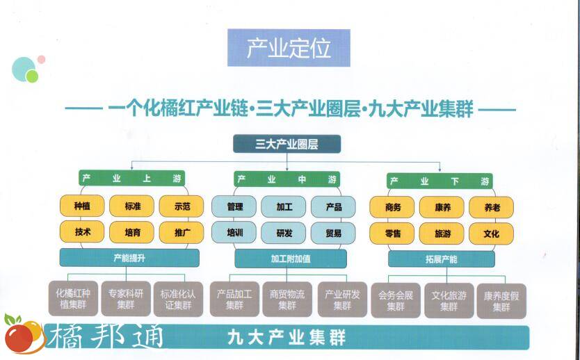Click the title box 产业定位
pos(289,48)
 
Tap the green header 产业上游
pos(131,179)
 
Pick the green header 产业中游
pos(287,179)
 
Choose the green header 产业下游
pos(440,181)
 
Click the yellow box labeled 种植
pos(82,206)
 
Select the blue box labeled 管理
pos(234,206)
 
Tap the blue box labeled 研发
pos(284,233)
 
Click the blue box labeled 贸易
pos(333,233)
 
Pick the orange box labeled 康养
pos(442,207)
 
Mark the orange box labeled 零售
pos(392,234)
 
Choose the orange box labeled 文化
pos(491,234)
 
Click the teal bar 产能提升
pos(129,258)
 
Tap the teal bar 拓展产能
pos(442,259)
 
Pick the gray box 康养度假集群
pos(501,300)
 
